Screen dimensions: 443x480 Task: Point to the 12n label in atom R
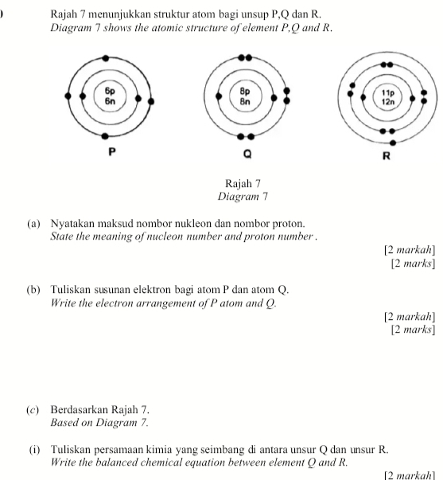[x=388, y=102]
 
